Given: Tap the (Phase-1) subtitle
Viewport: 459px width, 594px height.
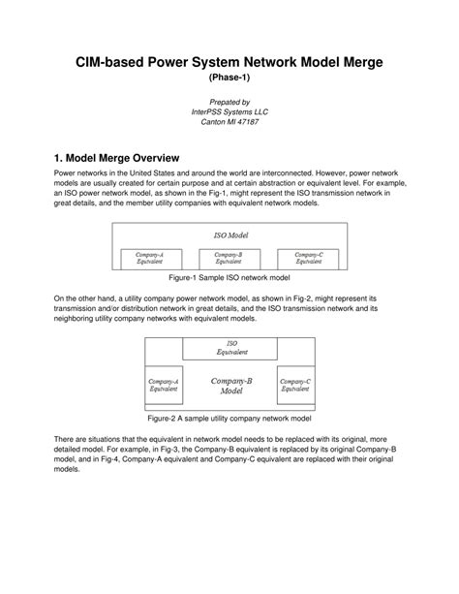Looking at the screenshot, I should point(229,78).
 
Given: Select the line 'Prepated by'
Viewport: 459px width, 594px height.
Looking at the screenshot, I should point(229,102).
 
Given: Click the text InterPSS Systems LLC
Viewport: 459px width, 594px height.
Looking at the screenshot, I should point(229,111).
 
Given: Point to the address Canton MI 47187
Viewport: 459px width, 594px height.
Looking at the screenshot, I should point(229,122).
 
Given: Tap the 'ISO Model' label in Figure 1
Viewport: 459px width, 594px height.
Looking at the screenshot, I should point(229,235).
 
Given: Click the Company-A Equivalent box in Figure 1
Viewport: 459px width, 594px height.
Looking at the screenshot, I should point(149,258).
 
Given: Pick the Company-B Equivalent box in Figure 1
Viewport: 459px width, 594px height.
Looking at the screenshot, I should point(229,258).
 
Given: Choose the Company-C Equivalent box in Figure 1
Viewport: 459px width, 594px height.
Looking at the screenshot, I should point(308,258).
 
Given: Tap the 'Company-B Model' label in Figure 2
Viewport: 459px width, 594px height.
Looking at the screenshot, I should point(230,386).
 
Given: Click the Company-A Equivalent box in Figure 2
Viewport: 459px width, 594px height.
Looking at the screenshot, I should point(163,386).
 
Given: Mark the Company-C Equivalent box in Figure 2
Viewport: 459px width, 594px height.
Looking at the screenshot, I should point(295,386).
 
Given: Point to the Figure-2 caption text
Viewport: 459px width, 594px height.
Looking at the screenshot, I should point(229,420).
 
